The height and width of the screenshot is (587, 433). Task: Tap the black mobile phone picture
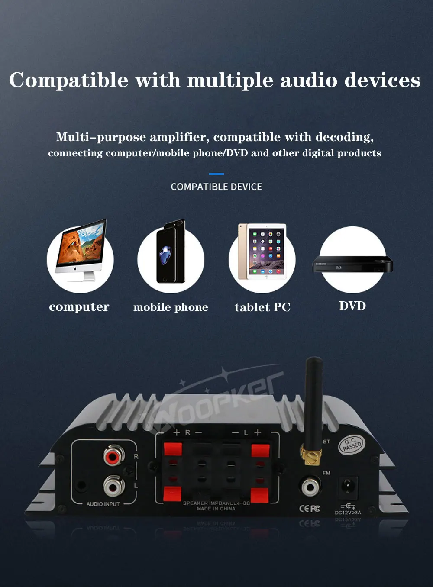tap(171, 253)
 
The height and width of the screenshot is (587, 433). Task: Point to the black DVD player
tap(352, 264)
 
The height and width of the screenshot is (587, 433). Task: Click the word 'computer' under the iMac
tap(79, 307)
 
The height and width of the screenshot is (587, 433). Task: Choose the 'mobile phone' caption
tap(171, 307)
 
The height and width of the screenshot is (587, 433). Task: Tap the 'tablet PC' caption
tap(262, 307)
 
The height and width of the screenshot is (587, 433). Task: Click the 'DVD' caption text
tap(352, 306)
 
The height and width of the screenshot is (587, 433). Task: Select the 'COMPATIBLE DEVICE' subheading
tap(216, 187)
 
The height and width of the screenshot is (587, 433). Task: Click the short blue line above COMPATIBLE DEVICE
tap(216, 174)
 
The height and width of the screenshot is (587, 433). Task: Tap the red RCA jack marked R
tap(113, 456)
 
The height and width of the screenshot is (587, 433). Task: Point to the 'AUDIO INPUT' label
tap(103, 504)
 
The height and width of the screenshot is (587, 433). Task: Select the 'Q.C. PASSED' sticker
tap(352, 445)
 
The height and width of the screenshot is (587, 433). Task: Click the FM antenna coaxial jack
tap(310, 487)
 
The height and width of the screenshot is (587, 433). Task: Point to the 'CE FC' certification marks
tap(310, 509)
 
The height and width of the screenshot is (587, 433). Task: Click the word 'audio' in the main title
tap(309, 81)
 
